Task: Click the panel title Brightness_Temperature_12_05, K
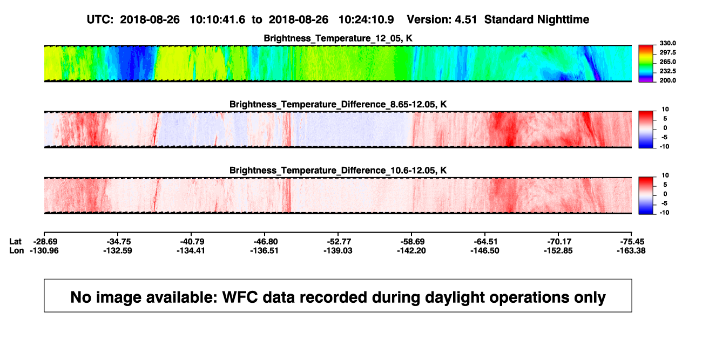coord(338,38)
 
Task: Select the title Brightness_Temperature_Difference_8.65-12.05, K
coord(338,104)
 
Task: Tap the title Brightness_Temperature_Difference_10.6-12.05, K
coord(338,171)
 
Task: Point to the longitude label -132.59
coord(118,250)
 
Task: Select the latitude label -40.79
coord(192,242)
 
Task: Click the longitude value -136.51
coord(264,250)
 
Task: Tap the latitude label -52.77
coord(339,242)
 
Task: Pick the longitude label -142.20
coord(411,250)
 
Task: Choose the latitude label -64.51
coord(486,242)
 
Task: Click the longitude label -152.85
coord(558,250)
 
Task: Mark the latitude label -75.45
coord(632,242)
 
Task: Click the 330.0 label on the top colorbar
coord(667,43)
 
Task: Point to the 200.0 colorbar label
coord(667,80)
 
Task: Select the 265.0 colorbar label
coord(667,62)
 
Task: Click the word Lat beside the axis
coord(15,242)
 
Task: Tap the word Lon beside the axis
coord(17,250)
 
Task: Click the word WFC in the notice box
coord(240,297)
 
